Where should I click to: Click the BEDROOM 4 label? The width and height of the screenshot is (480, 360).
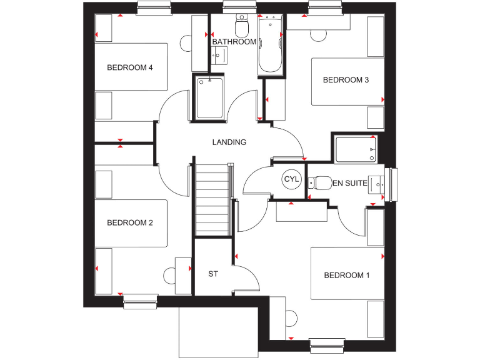(x=130, y=67)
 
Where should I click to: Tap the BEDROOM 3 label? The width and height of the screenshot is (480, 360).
(x=346, y=79)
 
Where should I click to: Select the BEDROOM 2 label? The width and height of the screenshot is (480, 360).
(x=130, y=222)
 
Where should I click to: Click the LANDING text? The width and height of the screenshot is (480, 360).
(x=229, y=142)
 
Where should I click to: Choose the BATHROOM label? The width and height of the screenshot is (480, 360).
(x=234, y=42)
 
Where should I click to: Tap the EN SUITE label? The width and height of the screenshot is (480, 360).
(x=350, y=183)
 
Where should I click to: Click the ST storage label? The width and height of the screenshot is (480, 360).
(x=213, y=274)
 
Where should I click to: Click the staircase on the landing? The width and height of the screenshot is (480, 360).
(x=213, y=200)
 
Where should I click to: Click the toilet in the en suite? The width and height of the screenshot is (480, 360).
(x=320, y=182)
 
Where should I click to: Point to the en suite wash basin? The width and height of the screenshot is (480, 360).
(x=377, y=184)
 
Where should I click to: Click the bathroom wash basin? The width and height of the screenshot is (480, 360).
(x=219, y=56)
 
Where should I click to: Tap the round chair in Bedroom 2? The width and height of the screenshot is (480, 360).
(x=171, y=276)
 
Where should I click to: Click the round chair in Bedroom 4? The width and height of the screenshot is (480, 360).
(x=187, y=43)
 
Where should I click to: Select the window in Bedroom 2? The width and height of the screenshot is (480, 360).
(x=141, y=302)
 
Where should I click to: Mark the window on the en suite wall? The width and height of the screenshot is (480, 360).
(x=392, y=184)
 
